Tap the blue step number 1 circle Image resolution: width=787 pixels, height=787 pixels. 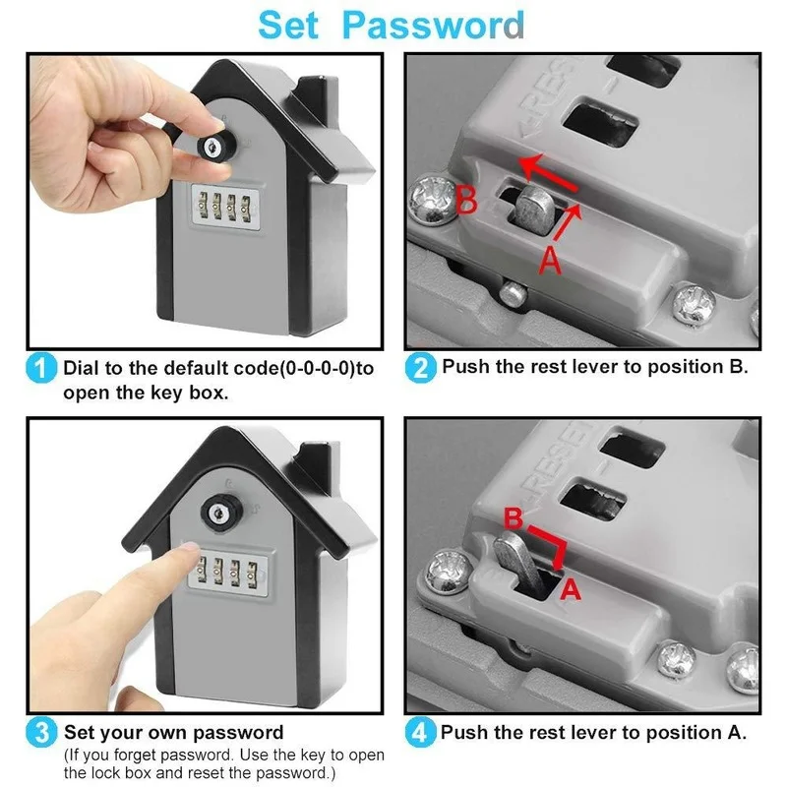tap(41, 370)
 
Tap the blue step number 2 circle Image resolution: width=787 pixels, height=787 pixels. tap(420, 369)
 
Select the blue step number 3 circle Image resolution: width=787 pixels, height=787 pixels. tap(41, 734)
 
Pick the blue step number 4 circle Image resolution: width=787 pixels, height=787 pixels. tap(420, 734)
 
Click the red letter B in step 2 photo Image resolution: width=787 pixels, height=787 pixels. tap(467, 203)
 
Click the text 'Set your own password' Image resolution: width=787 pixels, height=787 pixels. tap(173, 733)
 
